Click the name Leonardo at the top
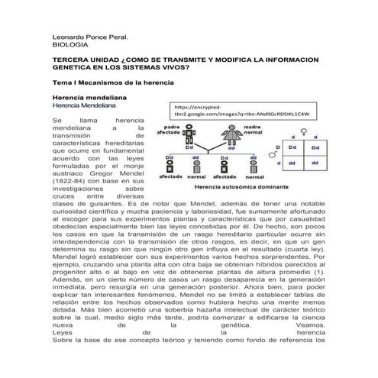[x=66, y=37]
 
